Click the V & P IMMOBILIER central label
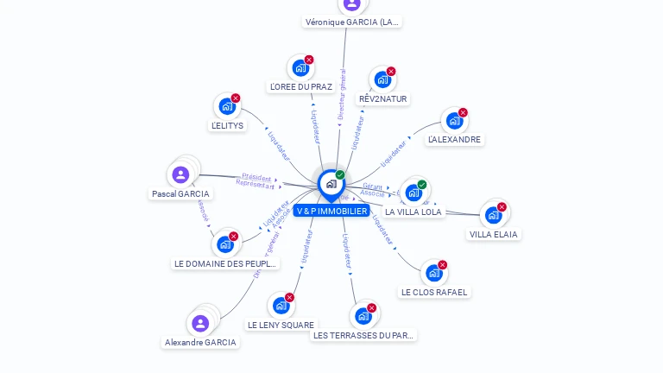[331, 211]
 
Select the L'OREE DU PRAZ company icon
[300, 67]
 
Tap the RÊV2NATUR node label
[382, 99]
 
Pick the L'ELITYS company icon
[226, 106]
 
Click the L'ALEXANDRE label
[454, 139]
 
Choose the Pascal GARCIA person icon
[180, 174]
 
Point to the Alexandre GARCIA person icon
[200, 323]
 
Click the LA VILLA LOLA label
[413, 212]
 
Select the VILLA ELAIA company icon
[493, 214]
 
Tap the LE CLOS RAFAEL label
[433, 292]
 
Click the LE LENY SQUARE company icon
[281, 305]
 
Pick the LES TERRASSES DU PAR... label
[363, 335]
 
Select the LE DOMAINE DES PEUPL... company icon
[225, 243]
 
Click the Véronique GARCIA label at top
[352, 22]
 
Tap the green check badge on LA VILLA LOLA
[422, 184]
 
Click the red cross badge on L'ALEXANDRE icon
[463, 112]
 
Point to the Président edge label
[256, 177]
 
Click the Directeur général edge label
[342, 93]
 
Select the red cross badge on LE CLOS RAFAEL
[443, 264]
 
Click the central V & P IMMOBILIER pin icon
[331, 184]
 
